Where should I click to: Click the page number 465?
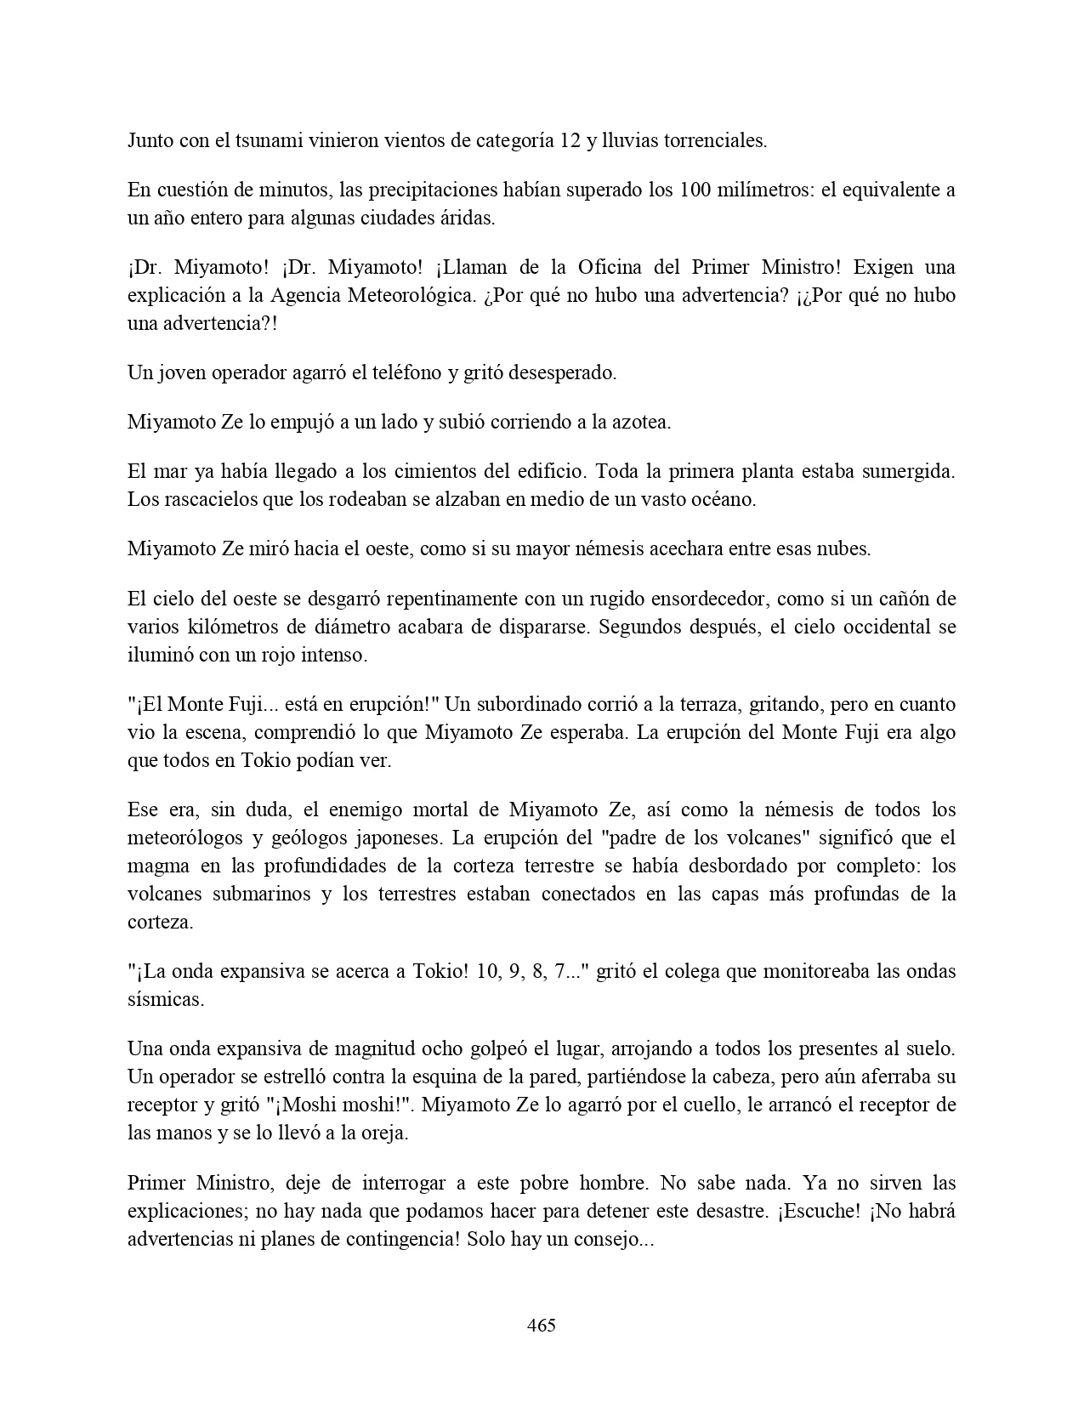542,1325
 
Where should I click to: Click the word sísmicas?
166,999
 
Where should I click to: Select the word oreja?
383,1133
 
